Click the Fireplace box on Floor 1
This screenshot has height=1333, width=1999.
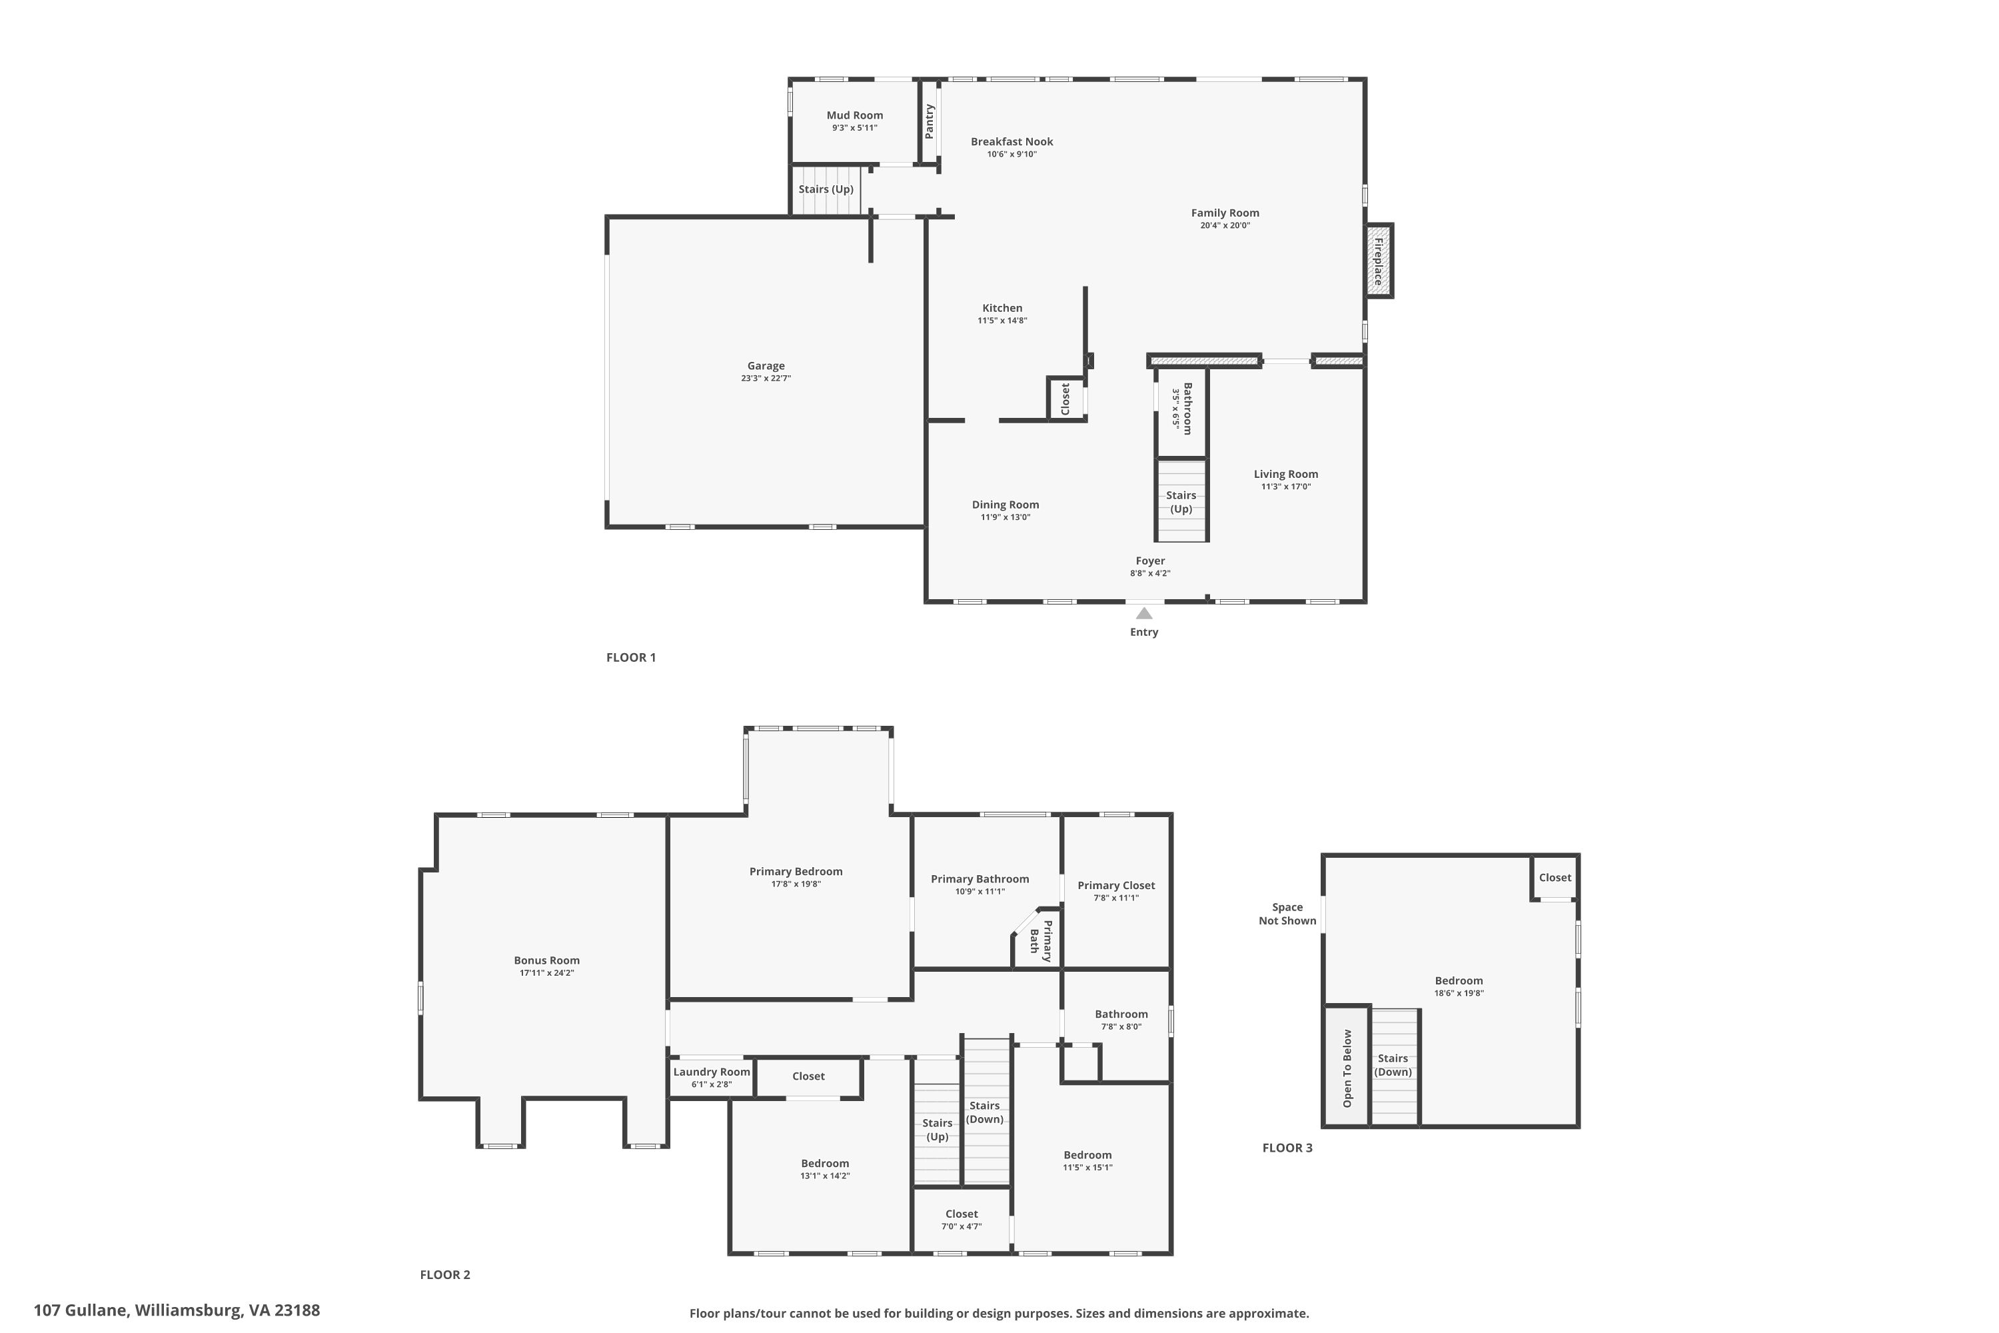1379,260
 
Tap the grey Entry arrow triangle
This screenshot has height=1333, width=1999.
1144,613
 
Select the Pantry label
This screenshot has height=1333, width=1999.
929,121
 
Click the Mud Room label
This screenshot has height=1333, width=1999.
854,115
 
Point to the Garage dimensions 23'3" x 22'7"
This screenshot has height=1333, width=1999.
766,379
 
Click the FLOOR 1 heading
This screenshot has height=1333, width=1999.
630,657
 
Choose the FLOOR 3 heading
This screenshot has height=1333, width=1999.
1287,1148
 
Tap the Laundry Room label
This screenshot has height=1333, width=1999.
712,1072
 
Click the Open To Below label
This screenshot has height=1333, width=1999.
1347,1068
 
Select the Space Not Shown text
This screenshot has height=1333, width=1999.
1287,914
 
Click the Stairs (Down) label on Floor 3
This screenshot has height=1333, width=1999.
1393,1065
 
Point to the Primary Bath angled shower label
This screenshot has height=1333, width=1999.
1041,941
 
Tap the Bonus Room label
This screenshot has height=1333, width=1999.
546,960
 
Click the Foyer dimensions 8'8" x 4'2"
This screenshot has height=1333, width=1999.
1150,574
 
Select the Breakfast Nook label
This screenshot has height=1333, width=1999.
1011,142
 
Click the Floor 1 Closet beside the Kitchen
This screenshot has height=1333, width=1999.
1065,399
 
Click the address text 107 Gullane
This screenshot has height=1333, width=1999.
81,1310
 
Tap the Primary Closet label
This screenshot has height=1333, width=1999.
1116,886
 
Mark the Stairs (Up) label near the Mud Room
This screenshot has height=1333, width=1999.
826,189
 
